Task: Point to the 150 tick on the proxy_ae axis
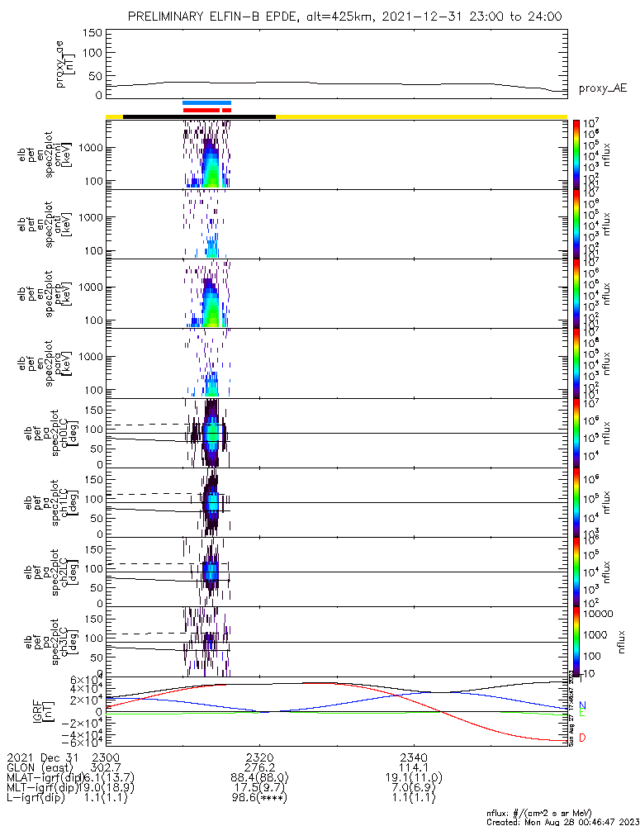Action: coord(93,33)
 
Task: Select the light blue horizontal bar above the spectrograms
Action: coord(206,102)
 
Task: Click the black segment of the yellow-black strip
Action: coord(198,116)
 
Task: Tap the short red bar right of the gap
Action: coord(227,109)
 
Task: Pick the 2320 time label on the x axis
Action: coord(259,757)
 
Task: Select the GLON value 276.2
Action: coord(259,767)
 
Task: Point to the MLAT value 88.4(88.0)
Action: coord(259,777)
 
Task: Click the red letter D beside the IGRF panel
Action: coord(582,738)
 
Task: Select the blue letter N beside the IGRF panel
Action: coord(582,705)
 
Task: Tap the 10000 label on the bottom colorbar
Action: coord(598,614)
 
